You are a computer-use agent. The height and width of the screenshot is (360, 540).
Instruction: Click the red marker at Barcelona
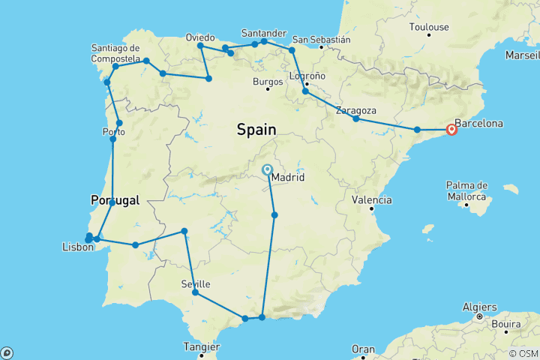[x=451, y=129]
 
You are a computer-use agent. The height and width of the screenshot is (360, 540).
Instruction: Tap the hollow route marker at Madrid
[x=267, y=169]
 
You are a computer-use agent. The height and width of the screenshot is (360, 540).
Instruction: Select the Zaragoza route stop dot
[x=356, y=119]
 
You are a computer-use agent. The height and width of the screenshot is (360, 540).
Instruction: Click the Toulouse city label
[x=429, y=27]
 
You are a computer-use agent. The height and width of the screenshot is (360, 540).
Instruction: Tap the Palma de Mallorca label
[x=466, y=190]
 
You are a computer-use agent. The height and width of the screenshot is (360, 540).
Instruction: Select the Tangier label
[x=200, y=347]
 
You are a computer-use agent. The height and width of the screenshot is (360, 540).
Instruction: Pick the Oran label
[x=364, y=349]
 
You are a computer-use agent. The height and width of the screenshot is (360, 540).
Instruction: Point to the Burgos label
[x=268, y=81]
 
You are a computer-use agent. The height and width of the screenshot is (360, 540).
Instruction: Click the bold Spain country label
[x=256, y=130]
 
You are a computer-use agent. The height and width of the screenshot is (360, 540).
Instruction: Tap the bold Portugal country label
[x=115, y=200]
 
